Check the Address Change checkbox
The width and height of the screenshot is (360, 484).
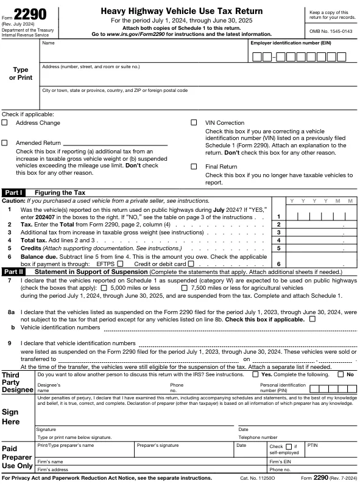[x=5, y=123]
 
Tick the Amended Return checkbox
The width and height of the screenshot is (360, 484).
[x=5, y=143]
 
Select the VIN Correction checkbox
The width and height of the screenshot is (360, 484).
[x=194, y=123]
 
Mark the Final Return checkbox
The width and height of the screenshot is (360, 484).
[x=194, y=166]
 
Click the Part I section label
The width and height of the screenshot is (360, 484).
[x=13, y=192]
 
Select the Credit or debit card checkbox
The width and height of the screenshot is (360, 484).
[x=191, y=264]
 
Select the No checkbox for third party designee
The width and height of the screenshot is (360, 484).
[x=341, y=374]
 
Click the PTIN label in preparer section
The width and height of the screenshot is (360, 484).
[x=313, y=445]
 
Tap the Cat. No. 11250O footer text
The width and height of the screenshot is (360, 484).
[x=258, y=479]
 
